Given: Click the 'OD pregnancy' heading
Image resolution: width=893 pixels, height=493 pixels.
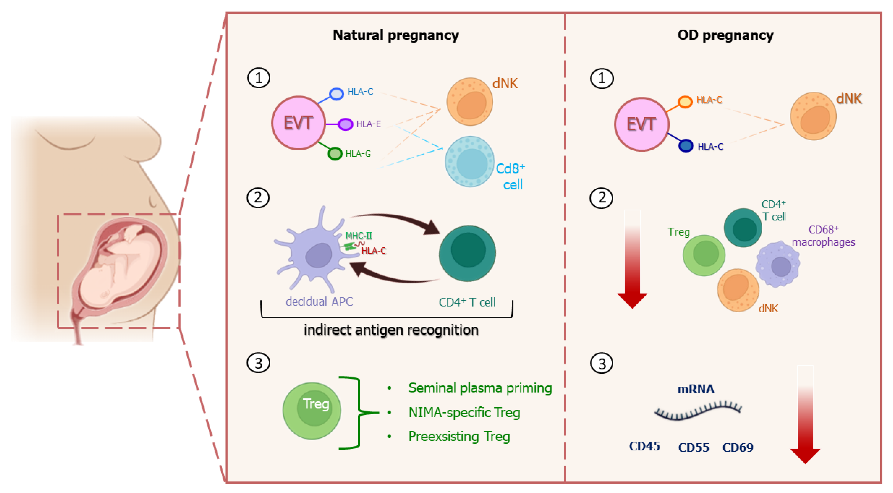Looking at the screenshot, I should click(x=725, y=35).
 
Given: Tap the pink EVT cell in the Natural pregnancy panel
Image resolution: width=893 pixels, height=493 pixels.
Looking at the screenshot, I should click(x=298, y=123).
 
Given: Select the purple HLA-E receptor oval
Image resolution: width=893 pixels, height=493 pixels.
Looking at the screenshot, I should click(x=345, y=124).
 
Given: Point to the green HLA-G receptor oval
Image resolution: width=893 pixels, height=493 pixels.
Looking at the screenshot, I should click(x=335, y=154).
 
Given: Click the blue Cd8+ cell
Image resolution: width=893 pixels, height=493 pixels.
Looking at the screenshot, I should click(x=470, y=162).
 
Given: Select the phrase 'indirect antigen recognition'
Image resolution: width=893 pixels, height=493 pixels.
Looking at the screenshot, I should click(x=391, y=330).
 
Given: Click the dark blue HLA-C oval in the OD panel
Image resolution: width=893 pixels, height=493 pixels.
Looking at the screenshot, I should click(x=685, y=146).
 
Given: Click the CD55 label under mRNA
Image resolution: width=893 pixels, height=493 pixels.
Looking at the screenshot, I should click(x=693, y=448).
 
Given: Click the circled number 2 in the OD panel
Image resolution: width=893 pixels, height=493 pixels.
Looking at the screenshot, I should click(x=602, y=198).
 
